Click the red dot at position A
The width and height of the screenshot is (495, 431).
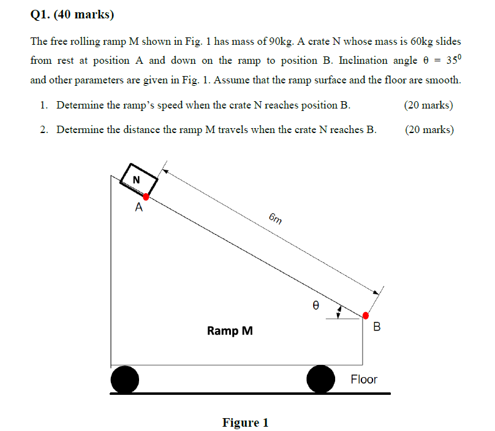146,196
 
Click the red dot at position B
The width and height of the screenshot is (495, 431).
365,315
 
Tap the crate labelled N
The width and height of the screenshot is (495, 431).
139,179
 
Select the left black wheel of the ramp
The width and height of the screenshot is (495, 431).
125,379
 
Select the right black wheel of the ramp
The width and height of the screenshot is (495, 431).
320,379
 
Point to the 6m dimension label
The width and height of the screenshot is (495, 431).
276,218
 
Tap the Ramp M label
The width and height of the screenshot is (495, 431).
230,331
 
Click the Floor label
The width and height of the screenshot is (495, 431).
364,380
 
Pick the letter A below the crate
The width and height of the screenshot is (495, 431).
139,207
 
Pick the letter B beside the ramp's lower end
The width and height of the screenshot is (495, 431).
377,327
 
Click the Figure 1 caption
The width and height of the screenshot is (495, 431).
245,422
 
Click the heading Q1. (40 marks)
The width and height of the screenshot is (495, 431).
72,15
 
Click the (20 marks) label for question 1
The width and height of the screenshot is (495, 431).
429,105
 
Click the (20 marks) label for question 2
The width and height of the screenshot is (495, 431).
429,129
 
